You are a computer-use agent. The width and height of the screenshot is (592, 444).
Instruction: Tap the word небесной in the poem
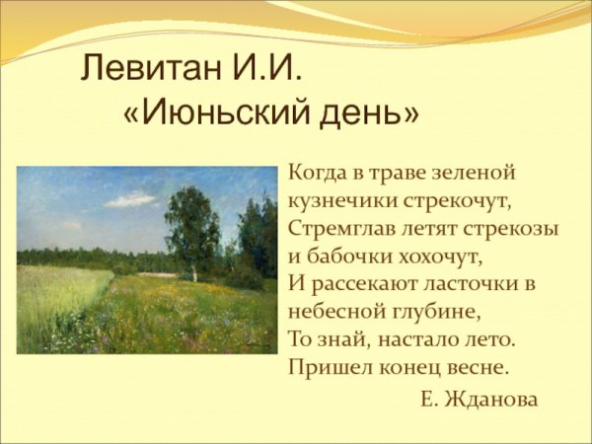click(x=333, y=312)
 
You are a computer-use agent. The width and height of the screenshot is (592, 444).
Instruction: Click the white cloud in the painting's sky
click(x=130, y=200)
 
